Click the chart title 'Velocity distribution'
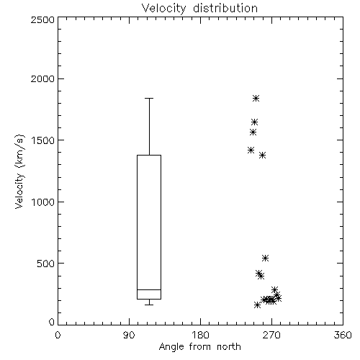click(x=199, y=8)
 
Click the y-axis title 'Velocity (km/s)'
click(x=19, y=171)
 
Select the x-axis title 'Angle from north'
click(x=199, y=347)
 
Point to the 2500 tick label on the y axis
click(x=42, y=19)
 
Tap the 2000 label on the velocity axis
click(x=42, y=78)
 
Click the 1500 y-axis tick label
click(x=43, y=140)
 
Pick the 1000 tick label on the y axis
click(x=43, y=202)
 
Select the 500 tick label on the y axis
click(x=46, y=264)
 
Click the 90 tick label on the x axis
click(x=129, y=335)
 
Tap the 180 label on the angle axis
click(x=200, y=335)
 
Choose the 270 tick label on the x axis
click(x=271, y=335)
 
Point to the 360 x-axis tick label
click(x=343, y=335)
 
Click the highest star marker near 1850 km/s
click(x=256, y=98)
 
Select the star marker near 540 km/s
click(x=265, y=258)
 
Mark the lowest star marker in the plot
click(x=257, y=305)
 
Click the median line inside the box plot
click(x=149, y=289)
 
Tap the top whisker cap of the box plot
click(x=149, y=98)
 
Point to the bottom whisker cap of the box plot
click(x=149, y=305)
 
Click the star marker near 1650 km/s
click(x=254, y=122)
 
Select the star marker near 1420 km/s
click(x=251, y=150)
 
